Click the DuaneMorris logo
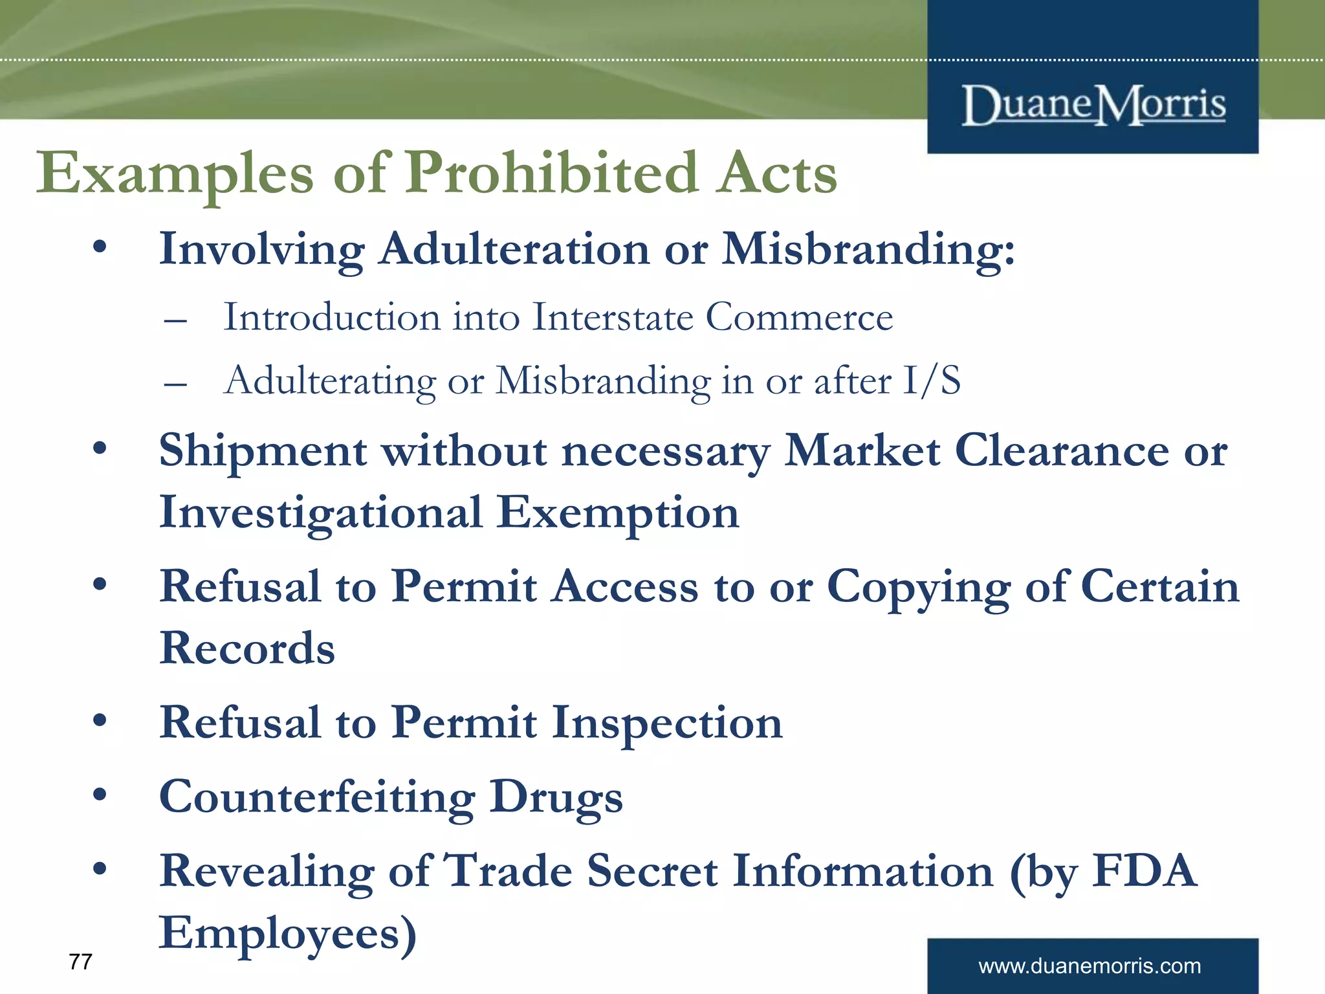tap(1093, 105)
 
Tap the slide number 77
tap(80, 962)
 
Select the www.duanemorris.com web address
tap(1090, 966)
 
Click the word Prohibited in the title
tap(551, 173)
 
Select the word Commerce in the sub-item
tap(799, 318)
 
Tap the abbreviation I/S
tap(932, 381)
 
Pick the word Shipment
tap(263, 451)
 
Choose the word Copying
tap(919, 588)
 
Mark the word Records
tap(247, 648)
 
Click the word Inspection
tap(667, 723)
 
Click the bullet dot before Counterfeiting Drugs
tap(100, 795)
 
